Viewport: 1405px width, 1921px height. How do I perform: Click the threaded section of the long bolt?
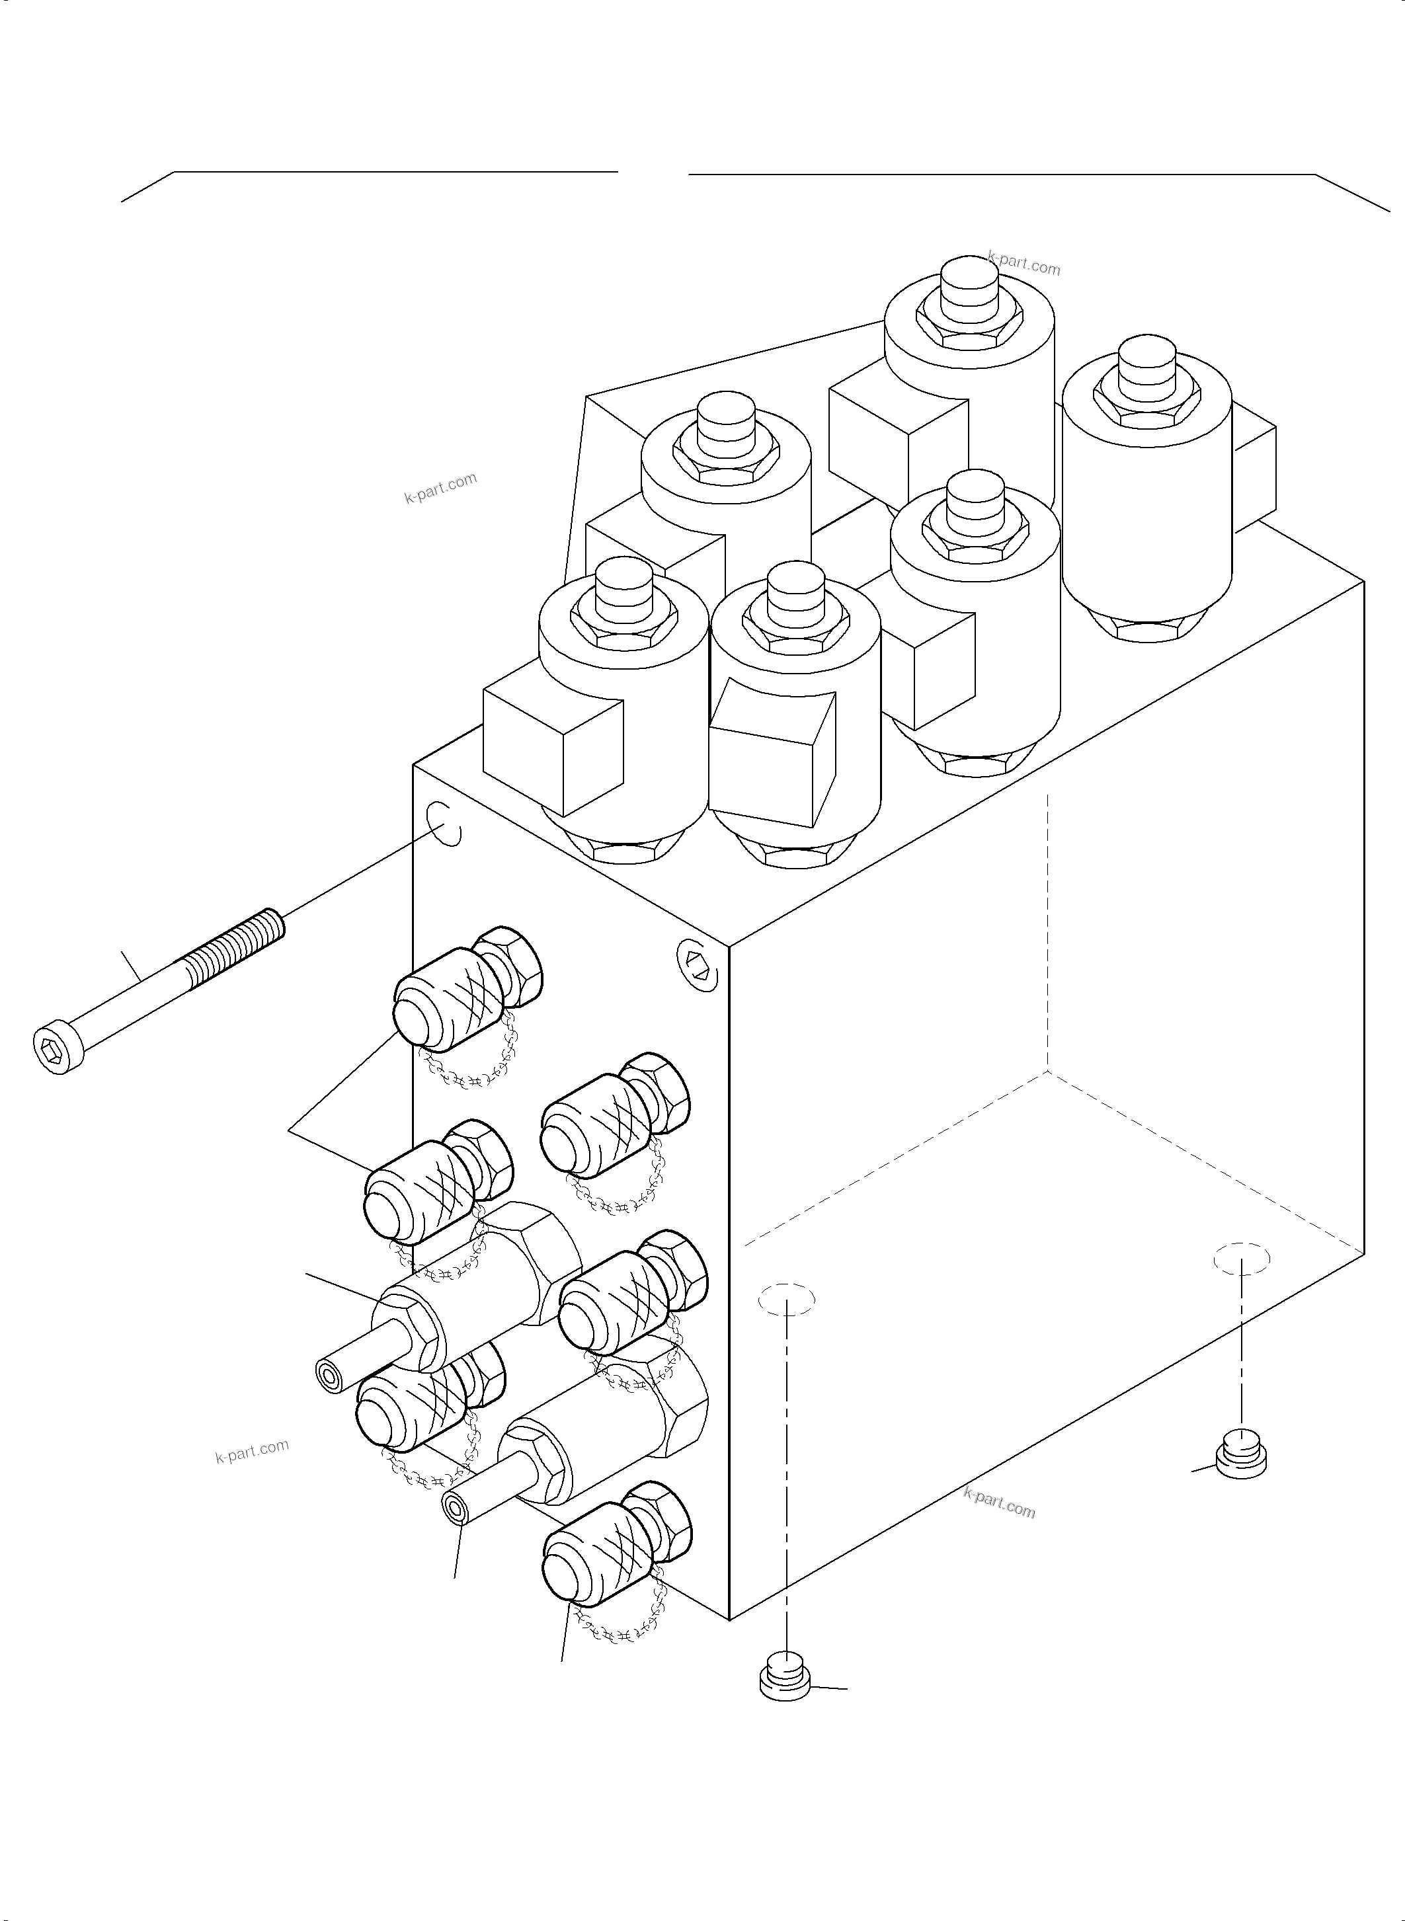tap(234, 945)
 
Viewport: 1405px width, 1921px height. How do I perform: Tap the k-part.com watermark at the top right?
tap(1024, 264)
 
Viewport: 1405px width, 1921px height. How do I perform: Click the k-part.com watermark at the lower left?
tap(252, 1450)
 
